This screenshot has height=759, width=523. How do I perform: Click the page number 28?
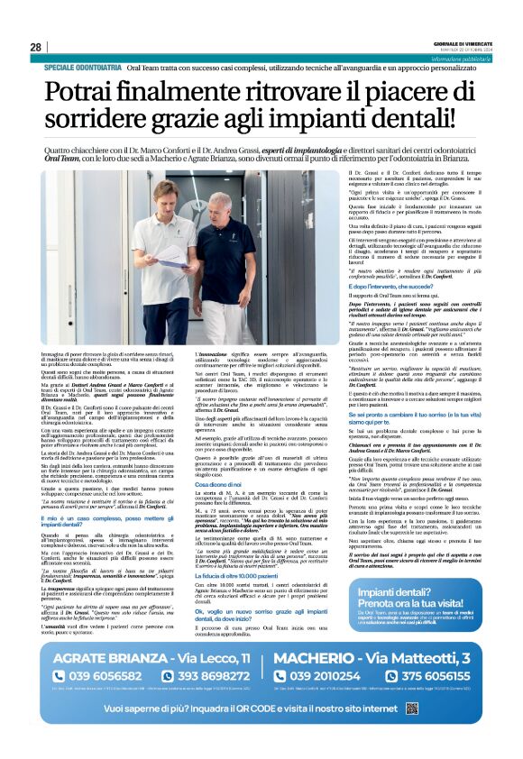[x=35, y=47]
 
